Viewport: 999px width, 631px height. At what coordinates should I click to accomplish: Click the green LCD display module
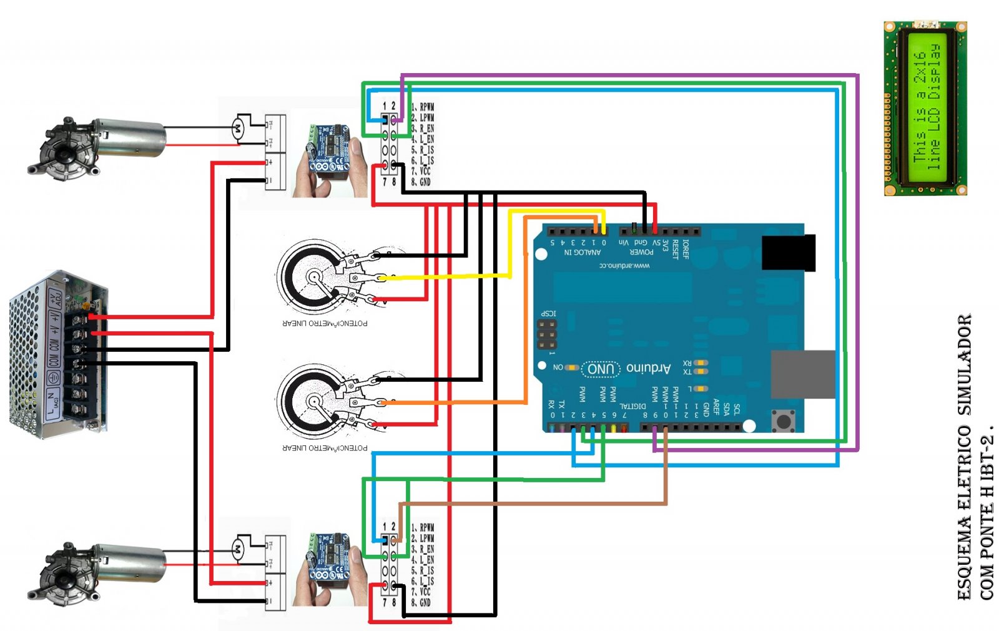pos(925,108)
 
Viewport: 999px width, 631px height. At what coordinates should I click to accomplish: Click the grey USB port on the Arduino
pos(803,374)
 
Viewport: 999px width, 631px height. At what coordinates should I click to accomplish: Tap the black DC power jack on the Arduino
pos(789,252)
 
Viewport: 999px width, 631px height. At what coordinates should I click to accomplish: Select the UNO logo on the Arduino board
pos(601,369)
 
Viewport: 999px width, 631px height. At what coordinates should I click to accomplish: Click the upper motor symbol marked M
pos(237,129)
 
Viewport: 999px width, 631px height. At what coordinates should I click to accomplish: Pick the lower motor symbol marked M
pos(237,549)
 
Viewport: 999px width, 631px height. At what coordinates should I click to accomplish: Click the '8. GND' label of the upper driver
pos(421,182)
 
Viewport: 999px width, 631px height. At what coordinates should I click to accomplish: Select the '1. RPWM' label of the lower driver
pos(423,527)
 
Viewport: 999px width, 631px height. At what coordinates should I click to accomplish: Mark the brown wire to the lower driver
pos(531,503)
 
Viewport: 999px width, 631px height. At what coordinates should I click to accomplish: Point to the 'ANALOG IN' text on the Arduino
pos(582,252)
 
